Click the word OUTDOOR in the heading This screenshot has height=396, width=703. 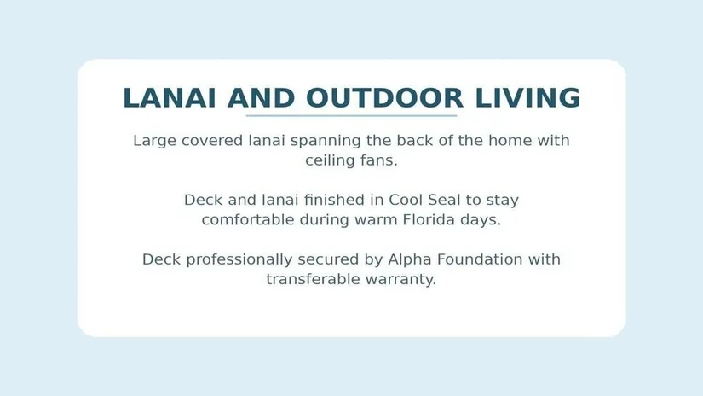[384, 98]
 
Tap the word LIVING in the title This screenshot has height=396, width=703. [527, 98]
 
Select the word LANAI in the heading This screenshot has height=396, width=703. [169, 98]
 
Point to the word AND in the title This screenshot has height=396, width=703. [261, 98]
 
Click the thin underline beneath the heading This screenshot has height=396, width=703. [351, 116]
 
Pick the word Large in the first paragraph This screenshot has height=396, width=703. [155, 141]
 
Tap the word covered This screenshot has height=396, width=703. [212, 141]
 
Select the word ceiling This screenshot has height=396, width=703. [331, 160]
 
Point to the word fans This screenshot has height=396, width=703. [379, 160]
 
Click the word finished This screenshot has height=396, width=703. [335, 200]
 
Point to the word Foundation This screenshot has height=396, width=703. [480, 259]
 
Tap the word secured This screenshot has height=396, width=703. [340, 259]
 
